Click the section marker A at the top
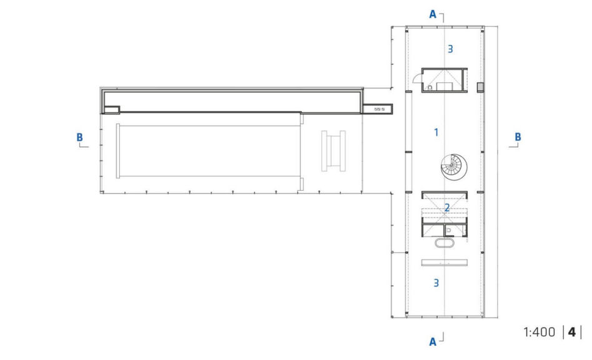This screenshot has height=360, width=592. [433, 14]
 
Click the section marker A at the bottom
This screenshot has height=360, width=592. [433, 342]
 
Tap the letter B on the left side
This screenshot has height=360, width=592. [80, 137]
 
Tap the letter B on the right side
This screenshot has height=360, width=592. [518, 137]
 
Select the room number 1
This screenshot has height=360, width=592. [437, 132]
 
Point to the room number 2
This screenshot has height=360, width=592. [447, 207]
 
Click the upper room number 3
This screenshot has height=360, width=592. [450, 49]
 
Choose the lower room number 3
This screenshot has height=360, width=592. [437, 283]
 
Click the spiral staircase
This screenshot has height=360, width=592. [454, 167]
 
